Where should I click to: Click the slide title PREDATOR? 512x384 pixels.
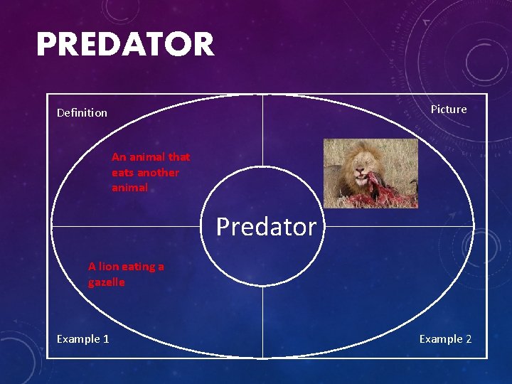click(x=125, y=45)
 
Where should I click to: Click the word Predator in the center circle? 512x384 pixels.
click(x=266, y=227)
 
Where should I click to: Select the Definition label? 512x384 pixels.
click(x=82, y=112)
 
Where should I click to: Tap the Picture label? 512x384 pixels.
click(x=449, y=109)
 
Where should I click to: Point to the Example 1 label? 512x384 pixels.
click(x=82, y=338)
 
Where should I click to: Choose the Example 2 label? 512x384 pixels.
click(x=445, y=338)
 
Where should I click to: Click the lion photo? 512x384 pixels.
click(x=370, y=173)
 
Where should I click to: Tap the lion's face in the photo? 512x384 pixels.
click(x=358, y=173)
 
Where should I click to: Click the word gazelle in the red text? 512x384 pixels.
click(x=107, y=282)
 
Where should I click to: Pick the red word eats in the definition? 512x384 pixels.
click(x=122, y=173)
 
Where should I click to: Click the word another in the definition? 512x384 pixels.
click(x=159, y=173)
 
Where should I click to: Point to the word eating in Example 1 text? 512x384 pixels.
click(x=138, y=267)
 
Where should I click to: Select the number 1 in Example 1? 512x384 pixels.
click(x=106, y=338)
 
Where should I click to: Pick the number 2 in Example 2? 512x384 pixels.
click(x=468, y=338)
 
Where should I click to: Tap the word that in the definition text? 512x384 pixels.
click(x=179, y=157)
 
